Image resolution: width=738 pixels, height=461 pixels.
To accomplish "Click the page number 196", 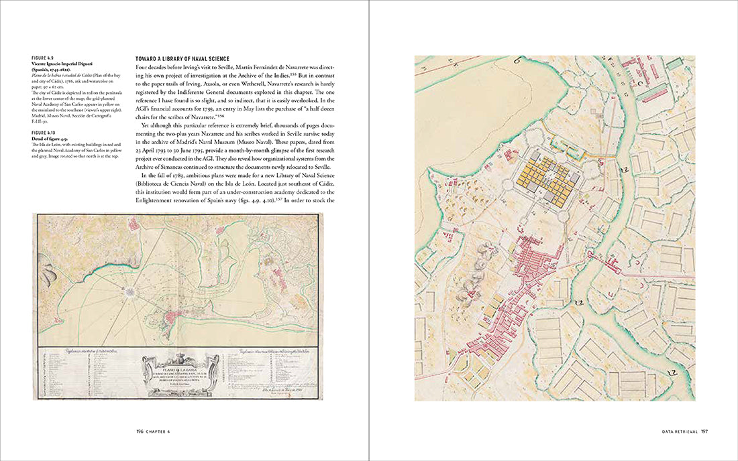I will tap(140, 432).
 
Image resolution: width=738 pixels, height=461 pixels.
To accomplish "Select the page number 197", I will tap(705, 432).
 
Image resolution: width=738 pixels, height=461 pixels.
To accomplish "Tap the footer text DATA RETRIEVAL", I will tap(677, 432).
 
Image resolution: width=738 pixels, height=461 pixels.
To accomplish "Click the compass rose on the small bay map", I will tap(130, 291).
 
